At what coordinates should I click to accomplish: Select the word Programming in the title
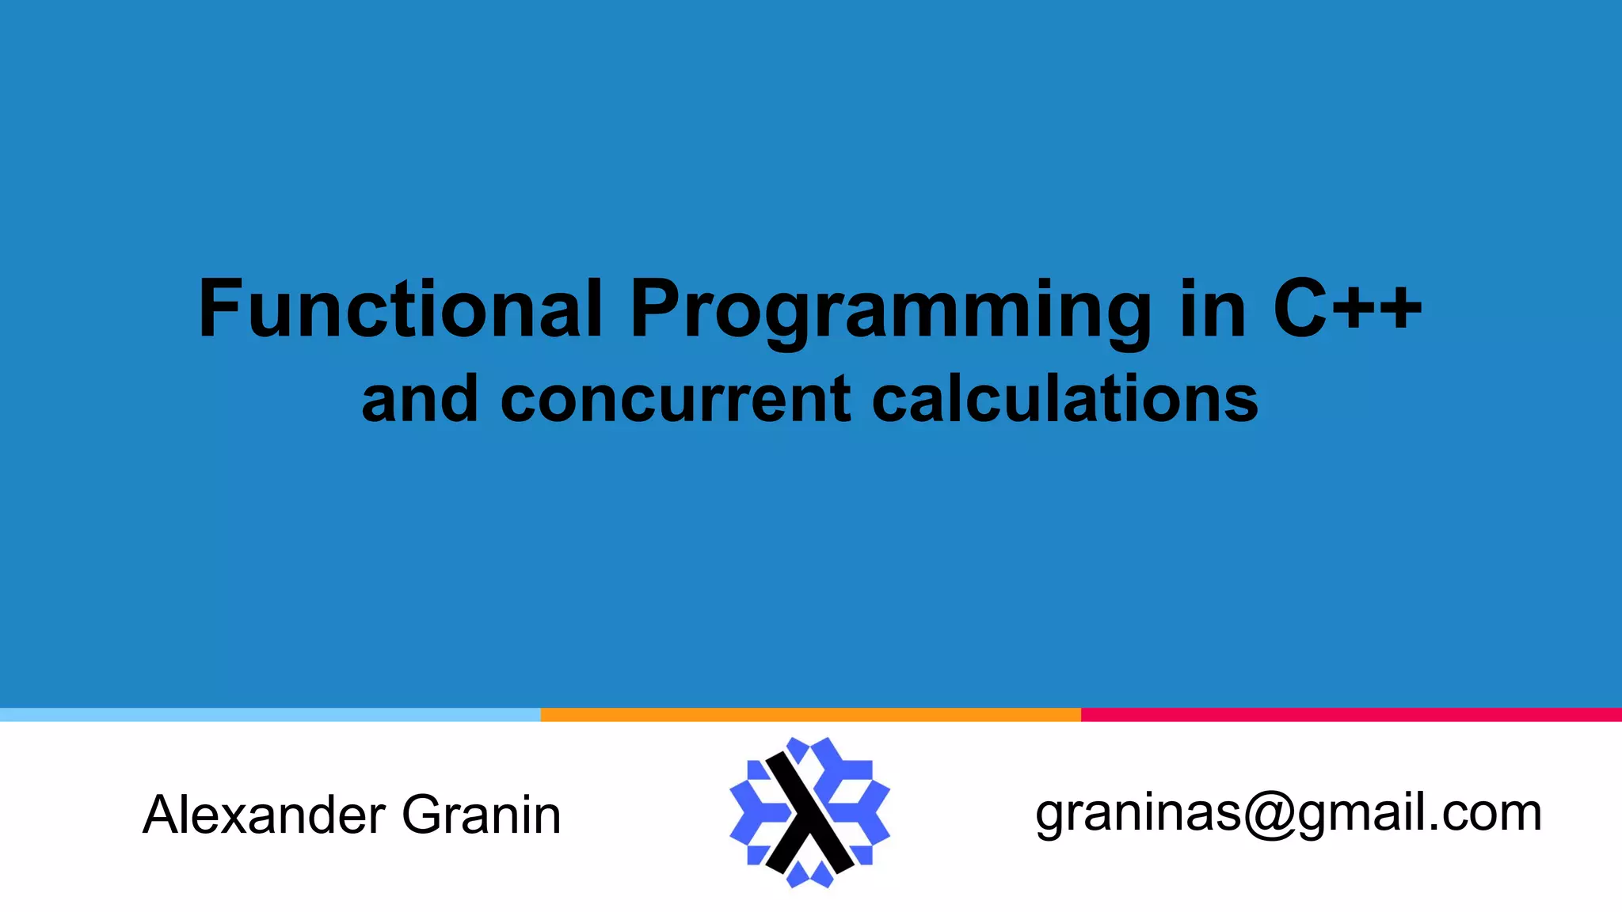[x=890, y=310]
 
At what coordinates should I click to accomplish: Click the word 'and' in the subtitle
[x=420, y=399]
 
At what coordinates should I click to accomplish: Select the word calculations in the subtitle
[x=1064, y=399]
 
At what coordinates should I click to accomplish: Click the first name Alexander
[x=264, y=815]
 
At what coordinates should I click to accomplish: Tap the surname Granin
[x=481, y=815]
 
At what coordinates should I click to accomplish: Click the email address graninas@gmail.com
[x=1288, y=813]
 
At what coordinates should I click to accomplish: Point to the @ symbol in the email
[x=1270, y=815]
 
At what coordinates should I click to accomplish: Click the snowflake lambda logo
[x=809, y=812]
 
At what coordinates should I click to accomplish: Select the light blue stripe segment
[x=270, y=715]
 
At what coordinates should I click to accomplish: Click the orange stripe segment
[x=810, y=715]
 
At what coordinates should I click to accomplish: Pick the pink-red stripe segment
[x=1351, y=715]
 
